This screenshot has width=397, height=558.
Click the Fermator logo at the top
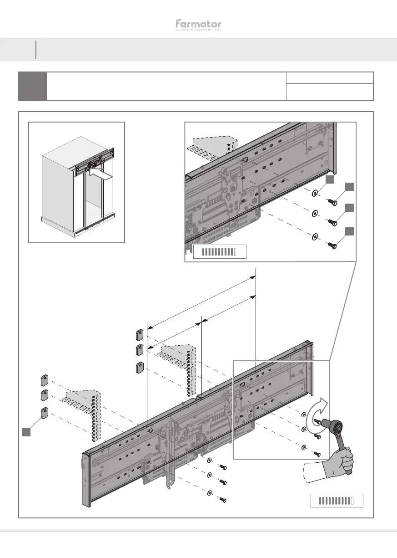[x=199, y=25]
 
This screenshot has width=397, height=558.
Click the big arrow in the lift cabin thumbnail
[x=100, y=174]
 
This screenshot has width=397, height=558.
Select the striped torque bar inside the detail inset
[x=220, y=251]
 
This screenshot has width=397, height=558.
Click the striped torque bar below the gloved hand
[x=337, y=501]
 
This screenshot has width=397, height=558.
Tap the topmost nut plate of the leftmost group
[x=45, y=380]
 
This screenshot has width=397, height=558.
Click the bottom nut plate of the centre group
[x=140, y=367]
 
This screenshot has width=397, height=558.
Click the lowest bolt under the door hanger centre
[x=222, y=500]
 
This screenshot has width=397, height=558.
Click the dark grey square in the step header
[x=32, y=86]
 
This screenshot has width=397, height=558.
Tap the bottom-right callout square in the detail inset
[x=349, y=232]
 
